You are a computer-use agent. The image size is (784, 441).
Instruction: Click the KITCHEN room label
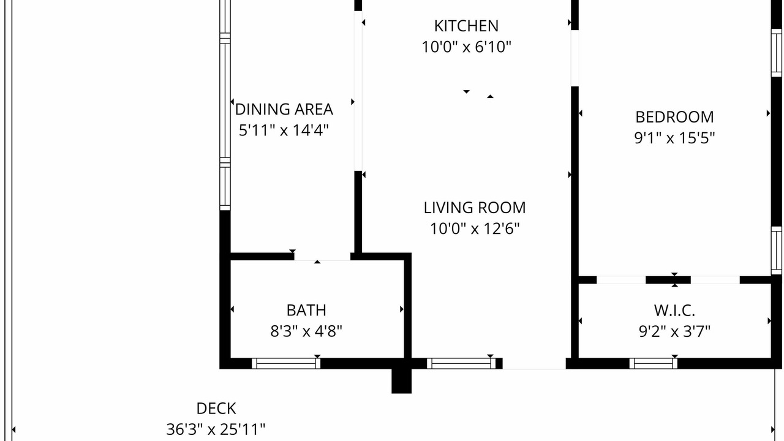466,26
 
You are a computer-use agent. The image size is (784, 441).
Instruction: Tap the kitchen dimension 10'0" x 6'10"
466,47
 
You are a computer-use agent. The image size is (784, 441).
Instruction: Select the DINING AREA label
284,109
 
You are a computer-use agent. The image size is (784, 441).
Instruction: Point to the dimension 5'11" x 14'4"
284,130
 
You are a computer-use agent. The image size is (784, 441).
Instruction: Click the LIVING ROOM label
475,208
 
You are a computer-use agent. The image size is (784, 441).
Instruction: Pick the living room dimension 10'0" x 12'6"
475,229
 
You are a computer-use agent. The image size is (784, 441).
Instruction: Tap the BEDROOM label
674,117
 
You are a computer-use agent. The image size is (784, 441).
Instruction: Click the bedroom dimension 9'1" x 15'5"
674,138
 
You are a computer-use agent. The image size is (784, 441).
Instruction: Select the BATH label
306,310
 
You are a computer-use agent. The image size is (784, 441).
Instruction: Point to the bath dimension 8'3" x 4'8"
306,331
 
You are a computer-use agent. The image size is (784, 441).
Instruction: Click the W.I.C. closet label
674,310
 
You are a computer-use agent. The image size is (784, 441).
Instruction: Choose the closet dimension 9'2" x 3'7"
674,331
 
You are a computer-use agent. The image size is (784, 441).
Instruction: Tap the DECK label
216,409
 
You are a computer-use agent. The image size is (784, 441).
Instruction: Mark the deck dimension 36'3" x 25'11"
216,429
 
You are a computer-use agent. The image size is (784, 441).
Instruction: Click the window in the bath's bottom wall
286,364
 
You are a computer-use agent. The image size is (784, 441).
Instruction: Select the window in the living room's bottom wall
461,364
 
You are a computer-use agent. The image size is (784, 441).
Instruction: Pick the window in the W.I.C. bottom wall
654,364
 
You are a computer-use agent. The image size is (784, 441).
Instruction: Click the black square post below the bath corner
401,381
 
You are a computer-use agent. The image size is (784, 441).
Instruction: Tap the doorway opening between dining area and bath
322,257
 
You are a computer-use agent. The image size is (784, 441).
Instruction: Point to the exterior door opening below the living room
534,364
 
